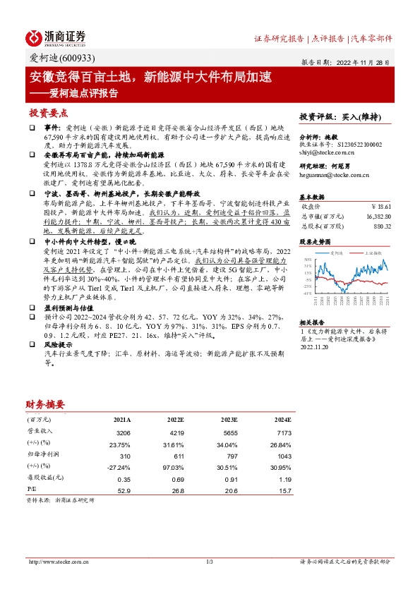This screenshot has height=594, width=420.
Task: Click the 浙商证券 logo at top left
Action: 56,37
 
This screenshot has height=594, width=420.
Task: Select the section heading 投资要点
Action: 49,113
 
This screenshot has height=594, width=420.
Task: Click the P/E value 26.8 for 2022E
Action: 176,489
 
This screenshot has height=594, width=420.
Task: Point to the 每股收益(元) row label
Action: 44,478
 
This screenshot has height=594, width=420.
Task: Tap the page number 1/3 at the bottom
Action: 210,562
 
